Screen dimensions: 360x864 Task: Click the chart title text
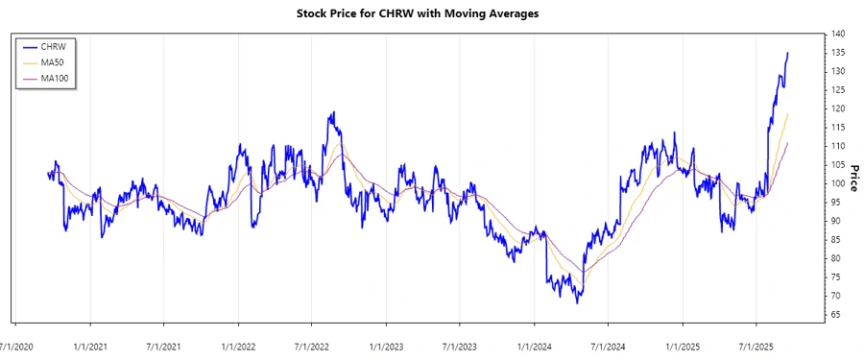pos(432,14)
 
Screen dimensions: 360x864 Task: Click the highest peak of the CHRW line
pos(788,53)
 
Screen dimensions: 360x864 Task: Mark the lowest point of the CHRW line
pos(578,303)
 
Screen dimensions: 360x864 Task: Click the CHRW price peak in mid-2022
pos(331,112)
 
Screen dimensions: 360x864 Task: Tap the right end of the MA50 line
pos(788,113)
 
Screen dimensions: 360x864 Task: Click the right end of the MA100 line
pos(788,143)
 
